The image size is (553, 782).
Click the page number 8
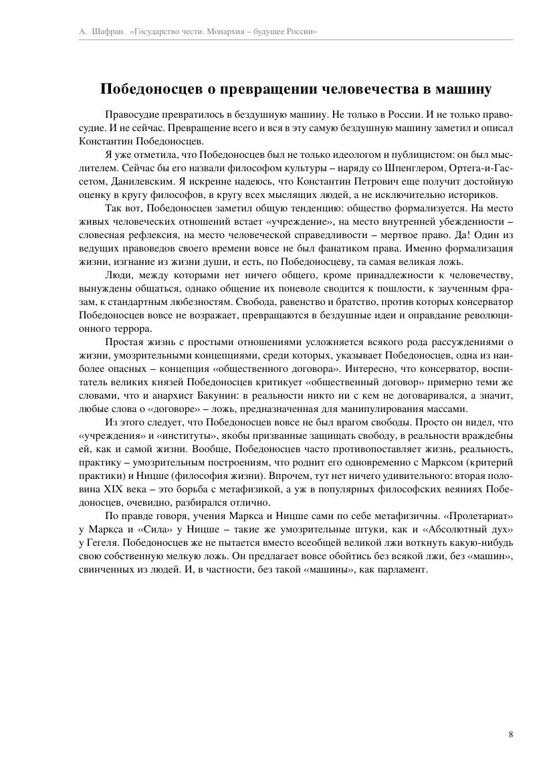pos(511,734)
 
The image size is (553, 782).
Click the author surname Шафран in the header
pos(107,31)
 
